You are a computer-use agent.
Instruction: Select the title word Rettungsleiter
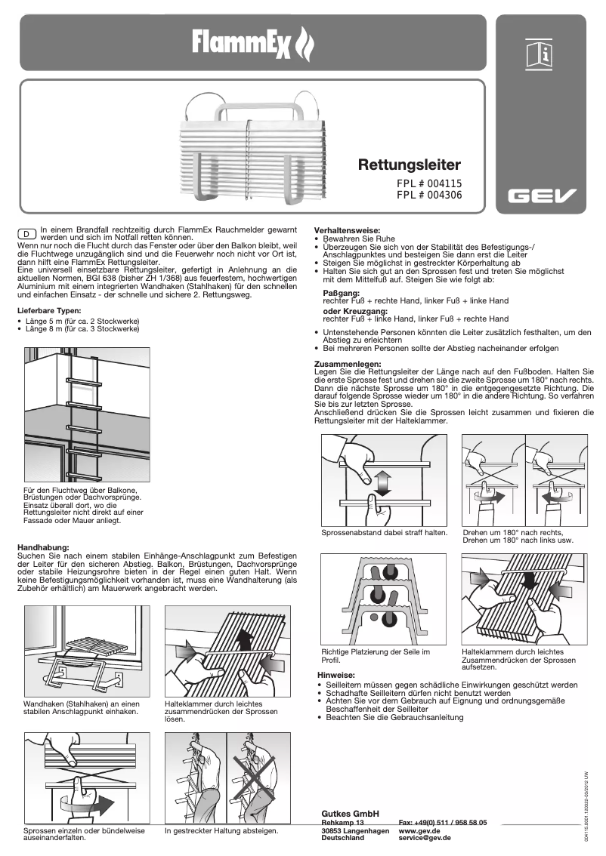409,165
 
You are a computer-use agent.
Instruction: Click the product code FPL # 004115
429,183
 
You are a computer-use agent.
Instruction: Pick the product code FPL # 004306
429,195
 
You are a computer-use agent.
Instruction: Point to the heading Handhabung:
43,547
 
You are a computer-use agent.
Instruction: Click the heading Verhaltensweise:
347,229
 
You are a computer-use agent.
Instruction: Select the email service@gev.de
425,838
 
